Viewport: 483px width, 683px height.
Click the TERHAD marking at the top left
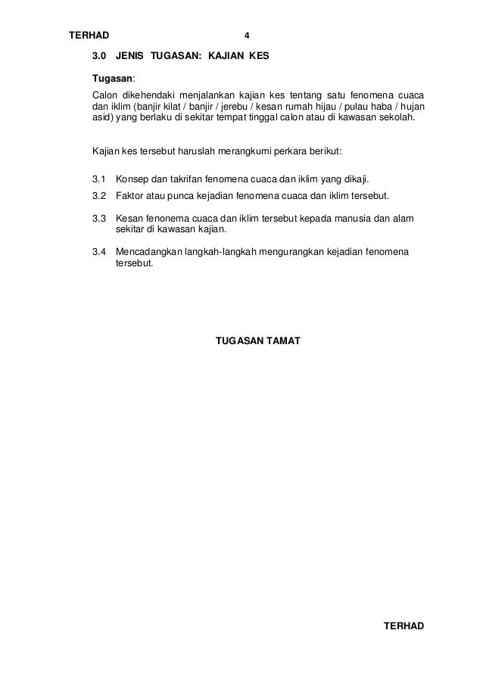click(89, 36)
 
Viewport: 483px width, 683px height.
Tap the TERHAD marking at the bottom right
click(404, 627)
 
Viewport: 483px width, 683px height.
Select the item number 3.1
click(99, 180)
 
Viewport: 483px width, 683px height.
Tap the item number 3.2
click(99, 197)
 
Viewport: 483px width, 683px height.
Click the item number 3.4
click(99, 253)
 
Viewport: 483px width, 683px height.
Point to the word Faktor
click(132, 197)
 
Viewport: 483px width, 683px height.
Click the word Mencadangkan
click(152, 253)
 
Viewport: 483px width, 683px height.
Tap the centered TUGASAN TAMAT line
click(258, 341)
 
